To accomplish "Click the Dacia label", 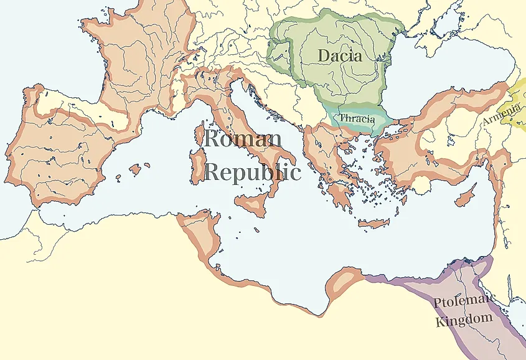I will (339, 55).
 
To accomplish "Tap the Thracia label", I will (357, 118).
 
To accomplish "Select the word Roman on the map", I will (243, 139).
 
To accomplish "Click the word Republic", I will (252, 172).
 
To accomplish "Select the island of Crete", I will (373, 224).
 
